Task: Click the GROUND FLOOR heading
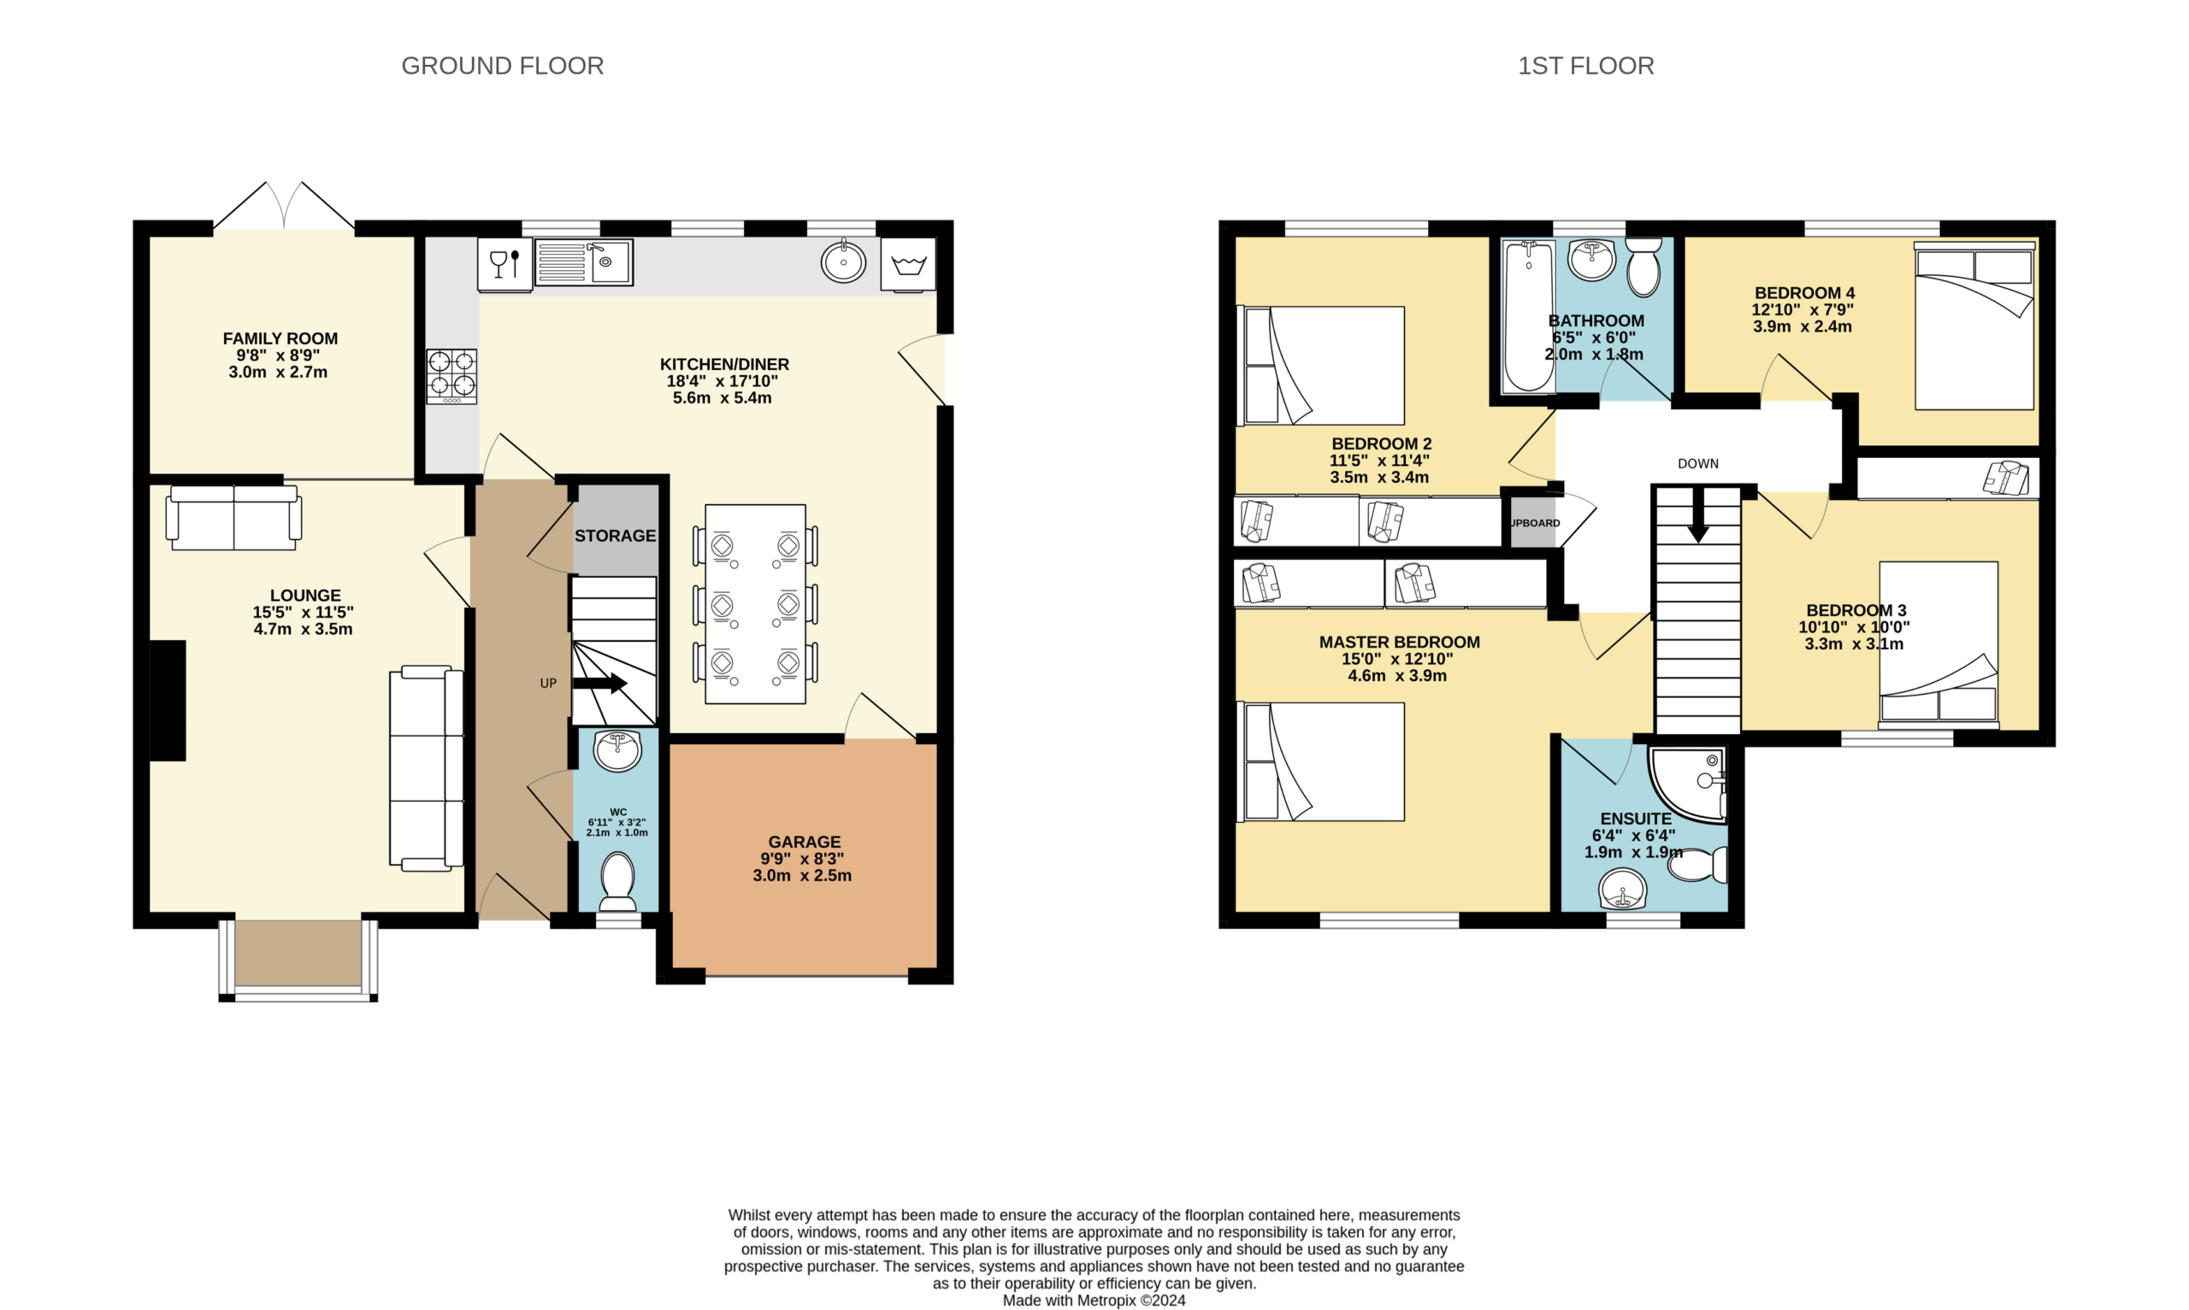pyautogui.click(x=503, y=66)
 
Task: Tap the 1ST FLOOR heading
pyautogui.click(x=1586, y=66)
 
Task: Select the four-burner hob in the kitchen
pyautogui.click(x=452, y=377)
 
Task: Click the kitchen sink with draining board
pyautogui.click(x=584, y=262)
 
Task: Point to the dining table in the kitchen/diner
pyautogui.click(x=756, y=604)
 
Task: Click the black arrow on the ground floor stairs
pyautogui.click(x=600, y=684)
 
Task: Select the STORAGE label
pyautogui.click(x=616, y=536)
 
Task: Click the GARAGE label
pyautogui.click(x=805, y=843)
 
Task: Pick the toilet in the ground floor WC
pyautogui.click(x=618, y=881)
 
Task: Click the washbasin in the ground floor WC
pyautogui.click(x=618, y=751)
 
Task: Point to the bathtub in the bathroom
pyautogui.click(x=1529, y=314)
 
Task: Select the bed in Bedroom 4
pyautogui.click(x=1975, y=326)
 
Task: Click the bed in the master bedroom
pyautogui.click(x=1321, y=761)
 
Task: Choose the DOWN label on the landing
pyautogui.click(x=1698, y=463)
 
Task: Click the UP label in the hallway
pyautogui.click(x=548, y=684)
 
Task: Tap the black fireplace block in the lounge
pyautogui.click(x=168, y=700)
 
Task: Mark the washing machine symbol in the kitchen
pyautogui.click(x=909, y=264)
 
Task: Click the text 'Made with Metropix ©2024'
pyautogui.click(x=1094, y=1301)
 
